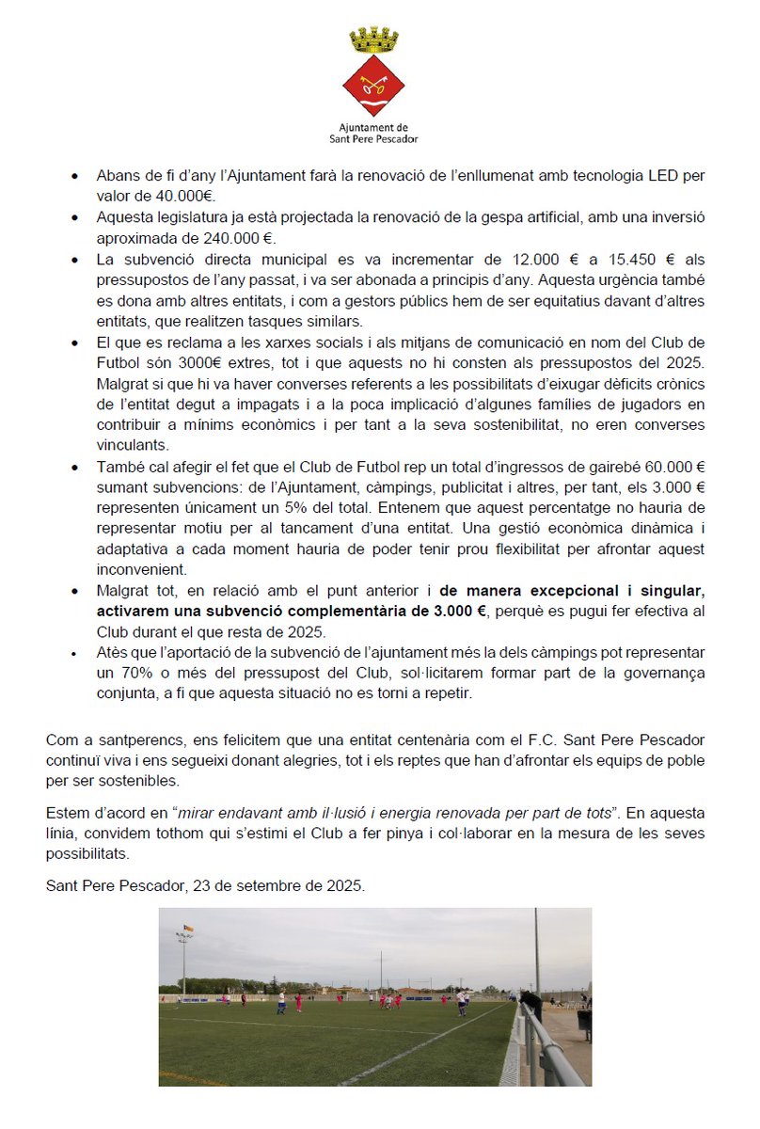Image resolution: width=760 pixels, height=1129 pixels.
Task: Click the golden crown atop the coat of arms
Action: [374, 40]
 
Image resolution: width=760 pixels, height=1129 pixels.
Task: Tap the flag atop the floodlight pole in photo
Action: [186, 930]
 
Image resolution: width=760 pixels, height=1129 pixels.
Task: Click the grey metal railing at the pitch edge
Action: [550, 1044]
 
